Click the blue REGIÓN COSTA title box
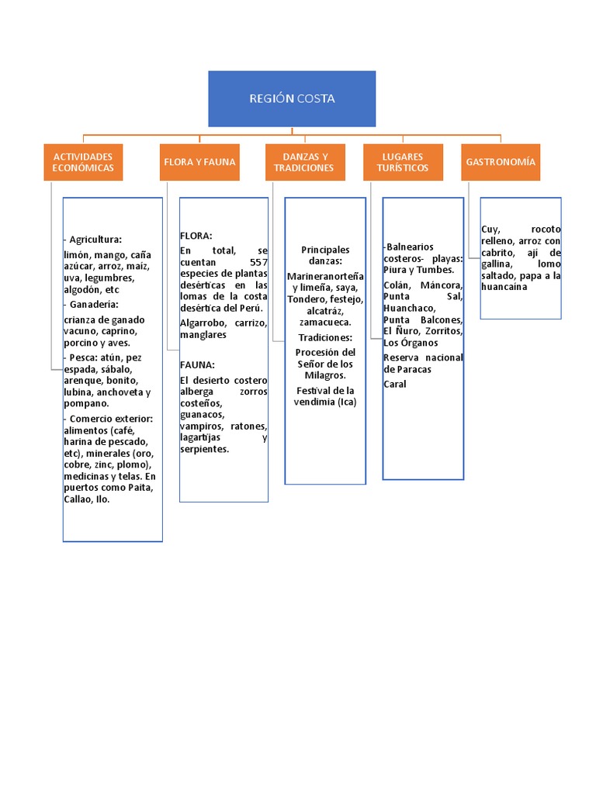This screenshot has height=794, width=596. coord(292,98)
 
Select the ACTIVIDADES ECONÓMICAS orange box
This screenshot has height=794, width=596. coord(83,162)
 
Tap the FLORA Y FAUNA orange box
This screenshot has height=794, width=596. coord(199,162)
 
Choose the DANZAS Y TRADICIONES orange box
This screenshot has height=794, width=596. coord(304,162)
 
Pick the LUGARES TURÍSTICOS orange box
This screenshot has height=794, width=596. coord(403,162)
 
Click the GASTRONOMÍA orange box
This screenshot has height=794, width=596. coord(501,162)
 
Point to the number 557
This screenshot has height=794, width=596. coord(253,262)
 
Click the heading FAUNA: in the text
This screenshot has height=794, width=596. coord(197,364)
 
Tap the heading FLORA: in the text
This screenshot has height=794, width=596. coord(196,236)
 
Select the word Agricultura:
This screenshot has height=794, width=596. coord(95,240)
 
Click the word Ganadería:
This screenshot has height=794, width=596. coord(94,305)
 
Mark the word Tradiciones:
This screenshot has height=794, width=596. coord(325,337)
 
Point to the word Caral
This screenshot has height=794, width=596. coord(395,384)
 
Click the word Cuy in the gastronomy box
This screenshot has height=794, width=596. coord(489,230)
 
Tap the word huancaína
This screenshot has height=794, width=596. coord(504,287)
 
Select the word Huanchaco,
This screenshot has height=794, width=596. coord(409,308)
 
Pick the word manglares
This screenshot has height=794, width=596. coord(203,335)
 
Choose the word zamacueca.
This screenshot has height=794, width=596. coord(325,322)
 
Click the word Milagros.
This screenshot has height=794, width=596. coord(325,375)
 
